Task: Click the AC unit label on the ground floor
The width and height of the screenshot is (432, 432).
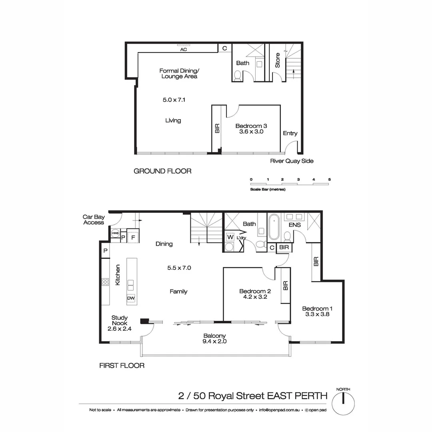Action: click(184, 50)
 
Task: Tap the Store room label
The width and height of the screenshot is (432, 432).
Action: click(277, 60)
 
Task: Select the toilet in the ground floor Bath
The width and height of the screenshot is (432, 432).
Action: click(237, 76)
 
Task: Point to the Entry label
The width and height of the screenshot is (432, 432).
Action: click(290, 133)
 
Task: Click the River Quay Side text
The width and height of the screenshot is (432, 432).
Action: click(292, 161)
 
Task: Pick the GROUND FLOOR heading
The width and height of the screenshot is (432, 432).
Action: click(162, 171)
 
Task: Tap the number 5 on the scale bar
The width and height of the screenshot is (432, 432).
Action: click(329, 180)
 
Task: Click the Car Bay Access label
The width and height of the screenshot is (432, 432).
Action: click(94, 220)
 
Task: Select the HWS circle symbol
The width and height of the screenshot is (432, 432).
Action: click(115, 233)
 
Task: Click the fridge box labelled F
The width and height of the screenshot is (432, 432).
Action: click(133, 237)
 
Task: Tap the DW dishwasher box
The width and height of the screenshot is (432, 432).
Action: click(131, 298)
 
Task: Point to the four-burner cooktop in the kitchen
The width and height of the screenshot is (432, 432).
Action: click(105, 282)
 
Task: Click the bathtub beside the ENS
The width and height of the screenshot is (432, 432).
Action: click(274, 227)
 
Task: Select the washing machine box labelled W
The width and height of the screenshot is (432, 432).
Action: click(230, 237)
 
